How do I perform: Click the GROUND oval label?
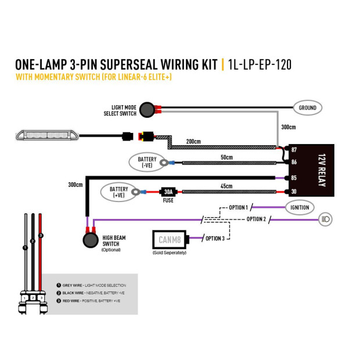(307, 107)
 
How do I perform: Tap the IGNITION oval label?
(300, 207)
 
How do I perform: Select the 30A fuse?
(168, 192)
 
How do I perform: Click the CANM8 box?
(170, 240)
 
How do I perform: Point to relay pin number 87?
(294, 150)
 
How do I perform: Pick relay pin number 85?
(294, 178)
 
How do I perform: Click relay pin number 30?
(294, 192)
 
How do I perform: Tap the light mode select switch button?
(147, 110)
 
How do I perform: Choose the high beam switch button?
(91, 240)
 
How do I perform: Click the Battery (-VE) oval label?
(147, 162)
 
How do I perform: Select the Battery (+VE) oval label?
(118, 192)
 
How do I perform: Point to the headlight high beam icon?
(325, 219)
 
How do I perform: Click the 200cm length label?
(193, 142)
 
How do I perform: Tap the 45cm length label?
(226, 186)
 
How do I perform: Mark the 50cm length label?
(226, 157)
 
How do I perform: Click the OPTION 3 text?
(215, 239)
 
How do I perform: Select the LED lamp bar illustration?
(47, 135)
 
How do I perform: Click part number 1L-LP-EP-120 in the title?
(260, 64)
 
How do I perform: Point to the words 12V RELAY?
(322, 170)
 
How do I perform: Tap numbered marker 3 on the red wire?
(41, 236)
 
